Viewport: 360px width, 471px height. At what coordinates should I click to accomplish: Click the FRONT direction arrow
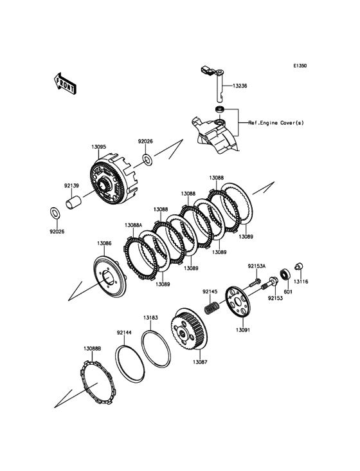[65, 84]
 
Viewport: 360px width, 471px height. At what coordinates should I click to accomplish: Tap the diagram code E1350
[300, 66]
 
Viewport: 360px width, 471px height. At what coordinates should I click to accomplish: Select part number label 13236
[240, 86]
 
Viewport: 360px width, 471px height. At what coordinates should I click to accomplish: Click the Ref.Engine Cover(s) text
[276, 123]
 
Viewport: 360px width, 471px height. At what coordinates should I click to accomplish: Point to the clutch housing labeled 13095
[113, 180]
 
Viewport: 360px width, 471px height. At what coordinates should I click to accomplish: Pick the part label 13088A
[134, 225]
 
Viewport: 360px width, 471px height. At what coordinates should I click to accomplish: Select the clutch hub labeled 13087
[188, 329]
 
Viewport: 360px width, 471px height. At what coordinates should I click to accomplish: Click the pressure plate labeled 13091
[238, 302]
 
